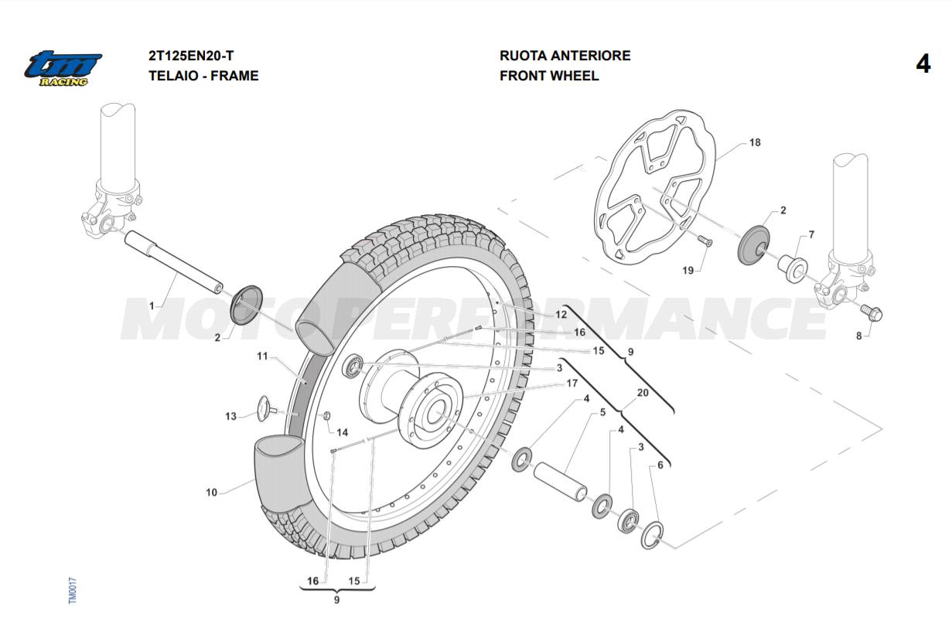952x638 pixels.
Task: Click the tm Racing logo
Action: tap(62, 68)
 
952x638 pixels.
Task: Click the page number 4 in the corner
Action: tap(923, 64)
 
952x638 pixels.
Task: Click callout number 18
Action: tap(755, 143)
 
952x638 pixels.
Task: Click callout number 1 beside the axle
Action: tap(152, 306)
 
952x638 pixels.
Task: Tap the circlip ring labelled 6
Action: tap(652, 535)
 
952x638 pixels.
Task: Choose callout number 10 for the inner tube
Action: tap(212, 493)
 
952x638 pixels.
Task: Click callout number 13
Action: tap(230, 417)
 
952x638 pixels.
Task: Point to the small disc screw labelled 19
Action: tap(705, 241)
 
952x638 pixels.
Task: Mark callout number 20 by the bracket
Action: tap(642, 393)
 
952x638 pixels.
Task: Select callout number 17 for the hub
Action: tap(572, 383)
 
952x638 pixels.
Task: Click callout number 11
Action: tap(262, 357)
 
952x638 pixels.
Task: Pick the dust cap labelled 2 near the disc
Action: tap(754, 244)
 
